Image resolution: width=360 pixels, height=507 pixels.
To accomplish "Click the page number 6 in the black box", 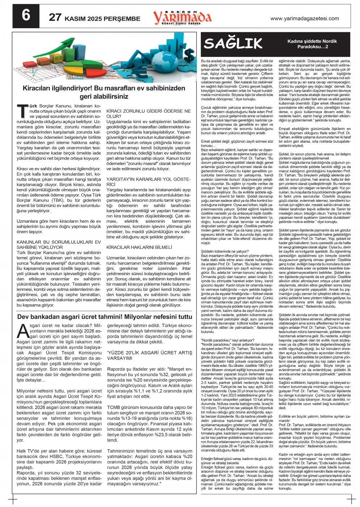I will click(26, 16).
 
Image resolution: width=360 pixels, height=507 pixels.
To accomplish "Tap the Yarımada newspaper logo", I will click(182, 17).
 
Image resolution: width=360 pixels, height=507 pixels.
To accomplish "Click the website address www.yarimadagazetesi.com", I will click(305, 18).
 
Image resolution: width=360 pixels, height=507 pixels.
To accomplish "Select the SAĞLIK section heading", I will click(233, 43).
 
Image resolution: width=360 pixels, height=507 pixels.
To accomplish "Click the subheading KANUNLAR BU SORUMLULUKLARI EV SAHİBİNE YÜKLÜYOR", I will click(59, 244).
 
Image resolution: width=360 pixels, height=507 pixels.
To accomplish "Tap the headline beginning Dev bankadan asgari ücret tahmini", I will click(105, 317).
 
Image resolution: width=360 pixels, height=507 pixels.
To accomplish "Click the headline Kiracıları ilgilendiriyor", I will click(104, 92).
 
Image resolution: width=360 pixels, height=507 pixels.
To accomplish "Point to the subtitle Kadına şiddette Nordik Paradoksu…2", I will click(307, 44).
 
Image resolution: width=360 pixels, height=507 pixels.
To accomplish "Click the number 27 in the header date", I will click(55, 18).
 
